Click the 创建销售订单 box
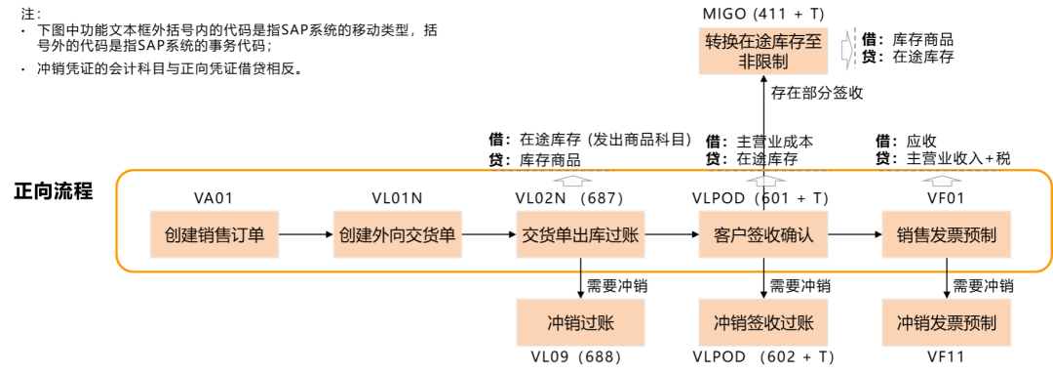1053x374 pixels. (214, 235)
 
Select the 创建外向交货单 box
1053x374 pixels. (397, 235)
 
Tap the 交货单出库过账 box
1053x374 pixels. (580, 235)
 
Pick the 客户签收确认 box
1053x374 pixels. (762, 235)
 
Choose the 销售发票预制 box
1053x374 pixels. (946, 235)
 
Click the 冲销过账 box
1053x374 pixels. (580, 323)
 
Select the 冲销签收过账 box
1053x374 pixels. (762, 323)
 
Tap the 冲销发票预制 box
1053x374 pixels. (946, 323)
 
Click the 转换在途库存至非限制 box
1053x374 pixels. (762, 52)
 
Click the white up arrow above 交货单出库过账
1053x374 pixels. (572, 180)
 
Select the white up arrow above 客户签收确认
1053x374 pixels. (766, 180)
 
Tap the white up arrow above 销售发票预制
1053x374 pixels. (941, 180)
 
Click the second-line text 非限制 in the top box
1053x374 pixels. (763, 62)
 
